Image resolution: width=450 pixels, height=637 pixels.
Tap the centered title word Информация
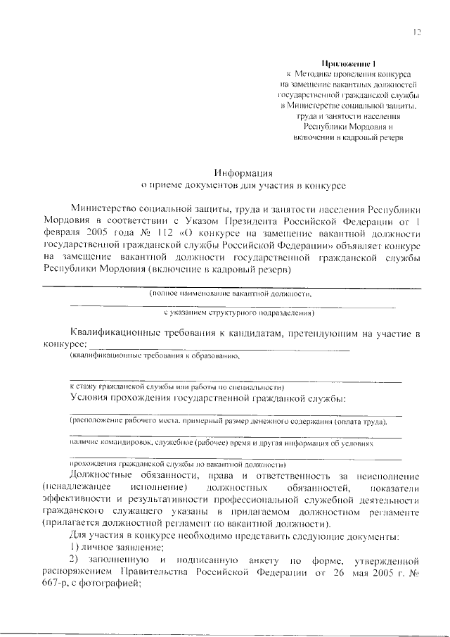click(x=244, y=172)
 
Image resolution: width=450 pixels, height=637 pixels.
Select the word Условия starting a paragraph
click(x=91, y=398)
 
